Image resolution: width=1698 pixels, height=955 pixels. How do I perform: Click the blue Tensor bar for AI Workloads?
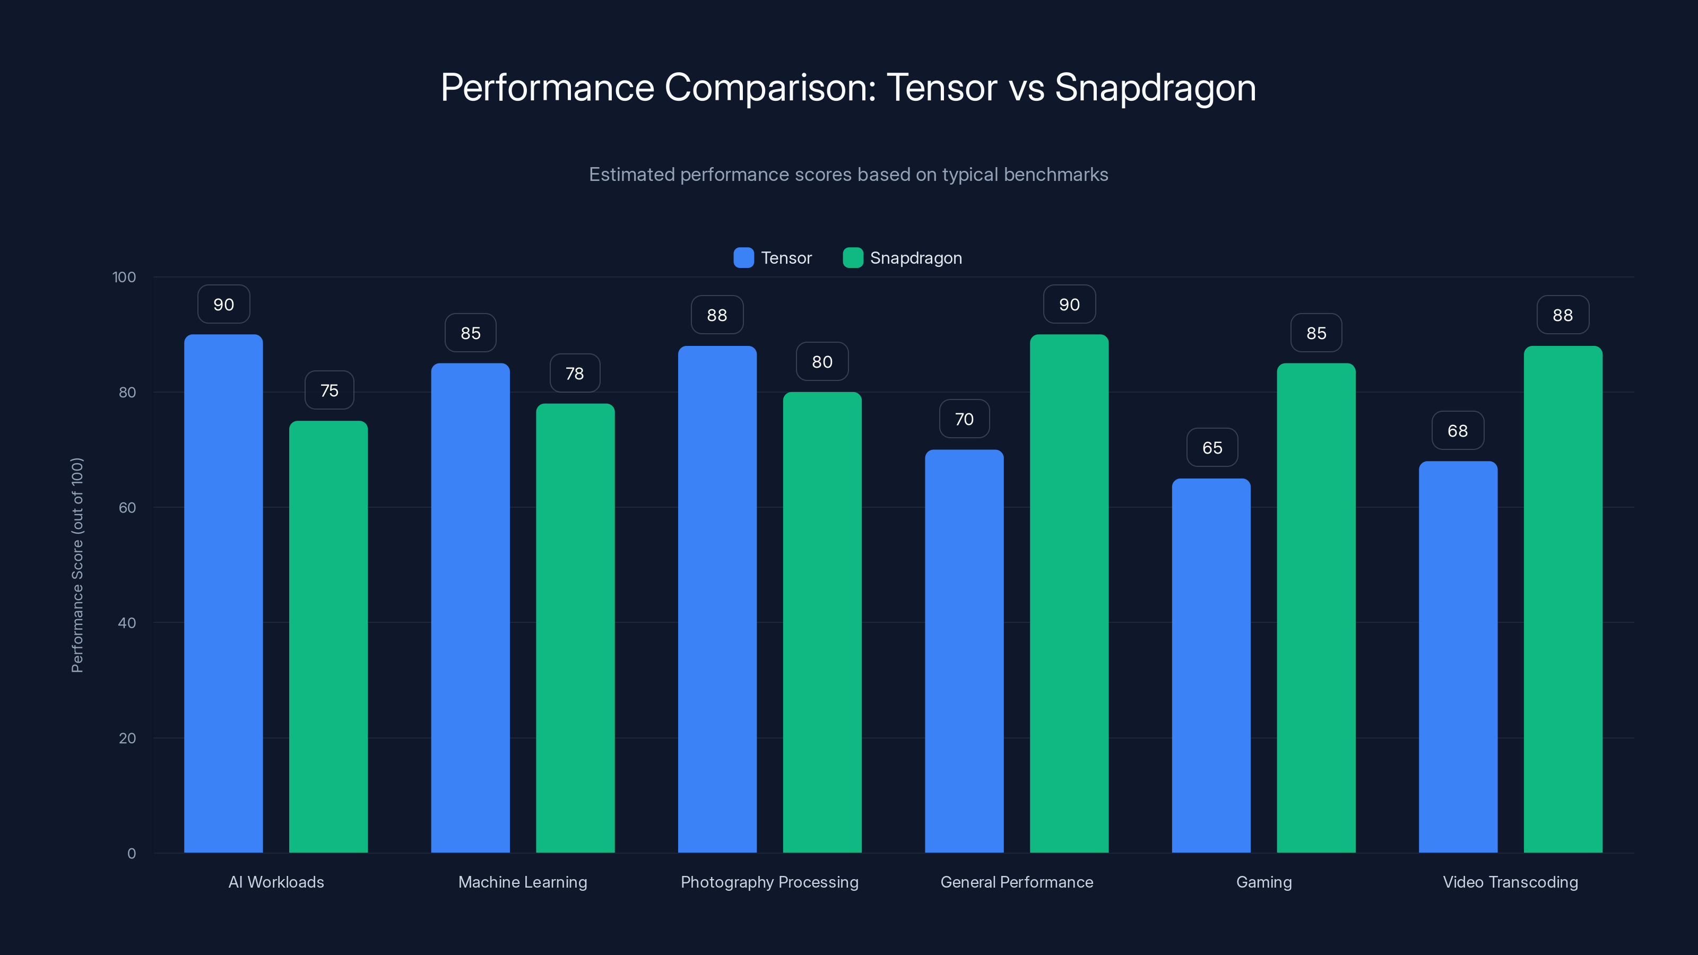click(223, 593)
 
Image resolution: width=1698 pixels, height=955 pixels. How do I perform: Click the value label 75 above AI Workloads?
click(329, 390)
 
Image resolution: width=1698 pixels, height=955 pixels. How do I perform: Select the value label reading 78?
click(575, 373)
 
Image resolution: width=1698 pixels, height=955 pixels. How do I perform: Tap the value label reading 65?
click(1211, 447)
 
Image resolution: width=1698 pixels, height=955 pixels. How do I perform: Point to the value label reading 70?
click(964, 419)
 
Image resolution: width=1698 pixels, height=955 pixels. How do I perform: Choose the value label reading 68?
click(1458, 430)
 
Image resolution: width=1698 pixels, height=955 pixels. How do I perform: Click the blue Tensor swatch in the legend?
click(743, 258)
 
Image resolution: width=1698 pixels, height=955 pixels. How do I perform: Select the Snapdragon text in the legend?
click(915, 258)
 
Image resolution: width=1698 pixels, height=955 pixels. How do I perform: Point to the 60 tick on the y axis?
click(127, 508)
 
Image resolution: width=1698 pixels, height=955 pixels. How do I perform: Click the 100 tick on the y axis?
click(124, 277)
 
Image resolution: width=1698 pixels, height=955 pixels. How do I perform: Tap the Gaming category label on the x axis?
click(1263, 882)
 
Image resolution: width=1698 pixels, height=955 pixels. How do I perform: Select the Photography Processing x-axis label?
click(769, 882)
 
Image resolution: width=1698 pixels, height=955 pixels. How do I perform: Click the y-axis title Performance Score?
click(77, 565)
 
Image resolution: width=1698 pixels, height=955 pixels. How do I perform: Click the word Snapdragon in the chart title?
click(1155, 87)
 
